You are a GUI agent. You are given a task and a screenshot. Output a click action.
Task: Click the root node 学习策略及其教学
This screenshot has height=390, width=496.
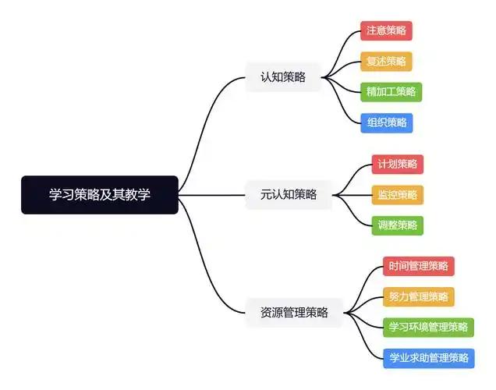click(100, 195)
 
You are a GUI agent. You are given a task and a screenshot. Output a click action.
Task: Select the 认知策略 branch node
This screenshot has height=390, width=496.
click(283, 77)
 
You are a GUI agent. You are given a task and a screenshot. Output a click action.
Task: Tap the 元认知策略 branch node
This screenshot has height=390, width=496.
click(289, 195)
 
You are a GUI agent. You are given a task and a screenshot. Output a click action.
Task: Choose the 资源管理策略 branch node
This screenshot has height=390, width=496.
click(294, 313)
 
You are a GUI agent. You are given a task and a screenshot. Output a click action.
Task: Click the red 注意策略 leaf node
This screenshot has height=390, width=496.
click(386, 31)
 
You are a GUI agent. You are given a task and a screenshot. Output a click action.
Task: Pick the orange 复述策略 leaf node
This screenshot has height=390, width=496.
click(386, 62)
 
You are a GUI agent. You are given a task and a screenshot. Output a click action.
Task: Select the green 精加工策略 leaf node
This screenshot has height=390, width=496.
click(391, 92)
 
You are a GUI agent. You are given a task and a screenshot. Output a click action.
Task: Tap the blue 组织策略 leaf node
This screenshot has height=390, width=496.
click(386, 122)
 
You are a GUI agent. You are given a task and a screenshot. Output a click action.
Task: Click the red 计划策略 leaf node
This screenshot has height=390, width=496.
click(398, 165)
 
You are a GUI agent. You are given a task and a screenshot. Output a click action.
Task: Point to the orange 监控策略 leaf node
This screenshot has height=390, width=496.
click(398, 195)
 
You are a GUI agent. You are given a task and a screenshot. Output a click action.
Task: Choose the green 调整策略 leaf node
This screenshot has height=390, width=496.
click(398, 225)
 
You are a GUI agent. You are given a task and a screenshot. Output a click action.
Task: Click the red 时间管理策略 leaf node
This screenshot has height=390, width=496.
click(418, 267)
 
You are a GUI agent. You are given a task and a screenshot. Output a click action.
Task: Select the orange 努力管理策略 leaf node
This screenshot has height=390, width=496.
click(418, 297)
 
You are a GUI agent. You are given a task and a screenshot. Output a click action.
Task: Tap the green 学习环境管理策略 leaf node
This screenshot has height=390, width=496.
click(429, 328)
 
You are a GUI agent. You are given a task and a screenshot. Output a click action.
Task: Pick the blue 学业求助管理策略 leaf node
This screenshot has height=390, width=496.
click(429, 359)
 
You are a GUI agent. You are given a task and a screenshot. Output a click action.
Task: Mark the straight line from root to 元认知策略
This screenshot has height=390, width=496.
click(214, 195)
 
